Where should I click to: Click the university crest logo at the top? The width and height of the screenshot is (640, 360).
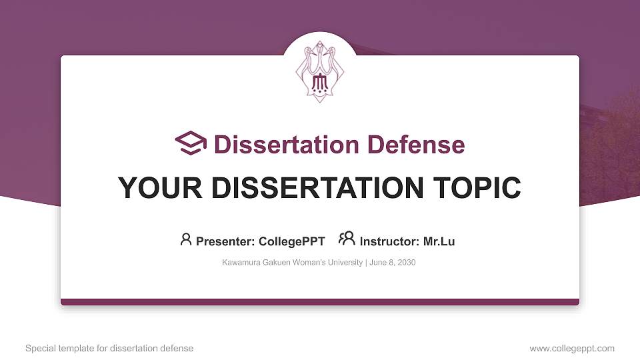320,73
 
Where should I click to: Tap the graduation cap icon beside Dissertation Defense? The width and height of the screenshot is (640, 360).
191,143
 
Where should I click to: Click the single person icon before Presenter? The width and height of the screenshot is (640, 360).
186,239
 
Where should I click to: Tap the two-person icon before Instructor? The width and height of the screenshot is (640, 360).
347,239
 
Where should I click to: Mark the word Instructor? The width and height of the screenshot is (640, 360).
389,241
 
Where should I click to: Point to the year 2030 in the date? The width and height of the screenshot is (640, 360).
406,263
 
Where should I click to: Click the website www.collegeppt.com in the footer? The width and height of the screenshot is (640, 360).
572,348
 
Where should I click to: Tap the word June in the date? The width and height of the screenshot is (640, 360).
377,263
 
